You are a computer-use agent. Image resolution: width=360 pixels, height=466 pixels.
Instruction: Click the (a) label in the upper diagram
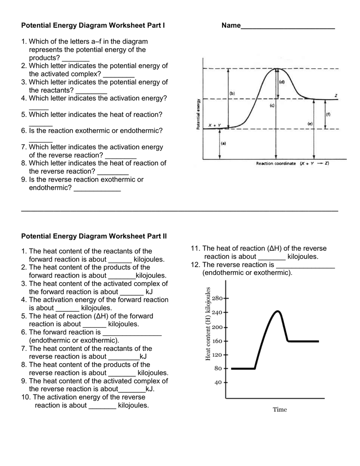pyautogui.click(x=223, y=143)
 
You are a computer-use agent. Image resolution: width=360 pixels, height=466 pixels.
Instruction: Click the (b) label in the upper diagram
pyautogui.click(x=232, y=93)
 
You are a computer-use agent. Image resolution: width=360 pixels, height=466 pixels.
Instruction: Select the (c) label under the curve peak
pyautogui.click(x=272, y=106)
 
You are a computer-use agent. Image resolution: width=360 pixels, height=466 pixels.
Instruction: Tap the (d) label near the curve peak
pyautogui.click(x=282, y=82)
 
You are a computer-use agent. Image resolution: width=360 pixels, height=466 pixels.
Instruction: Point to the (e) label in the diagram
pyautogui.click(x=310, y=123)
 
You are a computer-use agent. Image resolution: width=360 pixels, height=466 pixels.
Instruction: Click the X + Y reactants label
pyautogui.click(x=214, y=125)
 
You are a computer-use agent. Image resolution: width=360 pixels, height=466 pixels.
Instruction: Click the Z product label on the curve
pyautogui.click(x=335, y=96)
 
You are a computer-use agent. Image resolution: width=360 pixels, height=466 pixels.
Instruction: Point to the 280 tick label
pyautogui.click(x=217, y=299)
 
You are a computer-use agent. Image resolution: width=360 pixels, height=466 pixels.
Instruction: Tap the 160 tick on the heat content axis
pyautogui.click(x=217, y=340)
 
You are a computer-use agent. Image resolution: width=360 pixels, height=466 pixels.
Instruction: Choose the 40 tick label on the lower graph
pyautogui.click(x=218, y=382)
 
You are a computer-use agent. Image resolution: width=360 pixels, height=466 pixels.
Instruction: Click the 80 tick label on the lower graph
pyautogui.click(x=218, y=368)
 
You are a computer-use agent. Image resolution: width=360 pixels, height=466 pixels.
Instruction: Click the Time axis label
pyautogui.click(x=280, y=410)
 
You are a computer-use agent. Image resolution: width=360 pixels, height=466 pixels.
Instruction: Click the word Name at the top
pyautogui.click(x=231, y=26)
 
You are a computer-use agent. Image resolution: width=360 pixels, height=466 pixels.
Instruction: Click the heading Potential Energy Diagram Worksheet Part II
pyautogui.click(x=94, y=236)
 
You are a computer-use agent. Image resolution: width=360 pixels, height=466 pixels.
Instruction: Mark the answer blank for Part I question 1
pyautogui.click(x=76, y=59)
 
